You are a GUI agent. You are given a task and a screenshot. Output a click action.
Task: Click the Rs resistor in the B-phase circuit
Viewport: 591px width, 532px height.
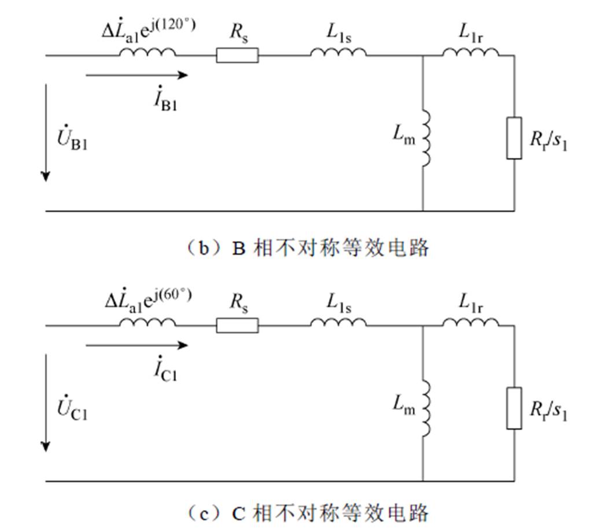(x=237, y=56)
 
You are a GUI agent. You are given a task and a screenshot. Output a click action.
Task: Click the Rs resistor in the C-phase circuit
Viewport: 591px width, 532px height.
(x=237, y=326)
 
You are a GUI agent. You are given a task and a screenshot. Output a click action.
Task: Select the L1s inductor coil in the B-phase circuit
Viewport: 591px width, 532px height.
(x=338, y=53)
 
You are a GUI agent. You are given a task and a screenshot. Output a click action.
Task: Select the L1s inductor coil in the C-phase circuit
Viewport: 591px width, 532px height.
(x=338, y=323)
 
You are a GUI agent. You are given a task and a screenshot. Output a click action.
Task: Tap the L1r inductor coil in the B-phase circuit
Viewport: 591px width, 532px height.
(x=471, y=53)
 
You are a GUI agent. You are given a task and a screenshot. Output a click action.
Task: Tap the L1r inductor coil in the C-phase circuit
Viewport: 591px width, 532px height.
(x=471, y=323)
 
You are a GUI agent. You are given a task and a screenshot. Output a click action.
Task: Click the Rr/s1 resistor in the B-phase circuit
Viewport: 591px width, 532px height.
(x=514, y=138)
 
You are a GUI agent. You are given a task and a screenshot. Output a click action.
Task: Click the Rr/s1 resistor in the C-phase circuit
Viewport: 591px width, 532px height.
(x=514, y=408)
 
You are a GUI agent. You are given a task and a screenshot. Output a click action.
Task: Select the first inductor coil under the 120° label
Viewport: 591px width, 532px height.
(x=147, y=53)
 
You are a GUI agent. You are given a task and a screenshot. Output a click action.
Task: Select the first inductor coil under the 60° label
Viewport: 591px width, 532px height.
(x=147, y=323)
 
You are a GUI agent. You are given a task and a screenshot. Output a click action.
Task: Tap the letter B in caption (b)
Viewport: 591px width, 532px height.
(x=239, y=248)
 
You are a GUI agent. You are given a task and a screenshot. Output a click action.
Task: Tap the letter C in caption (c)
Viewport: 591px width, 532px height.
(x=239, y=513)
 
